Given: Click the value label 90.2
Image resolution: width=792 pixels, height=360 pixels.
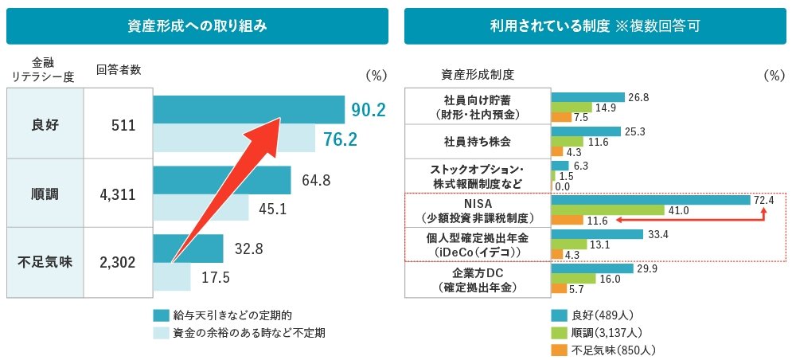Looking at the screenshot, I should [369, 110].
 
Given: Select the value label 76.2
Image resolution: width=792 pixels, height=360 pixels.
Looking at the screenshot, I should [340, 139].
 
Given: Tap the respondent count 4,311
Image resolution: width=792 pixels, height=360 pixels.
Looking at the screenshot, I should [118, 194].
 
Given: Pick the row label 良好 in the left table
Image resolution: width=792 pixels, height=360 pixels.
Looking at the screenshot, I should [45, 125].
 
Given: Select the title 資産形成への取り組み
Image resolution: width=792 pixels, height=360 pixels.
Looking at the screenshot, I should [197, 25].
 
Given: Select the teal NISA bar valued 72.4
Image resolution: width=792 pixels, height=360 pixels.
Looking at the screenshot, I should [651, 200].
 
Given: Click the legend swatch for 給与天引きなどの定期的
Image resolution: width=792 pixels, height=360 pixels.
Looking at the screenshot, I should [160, 315].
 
